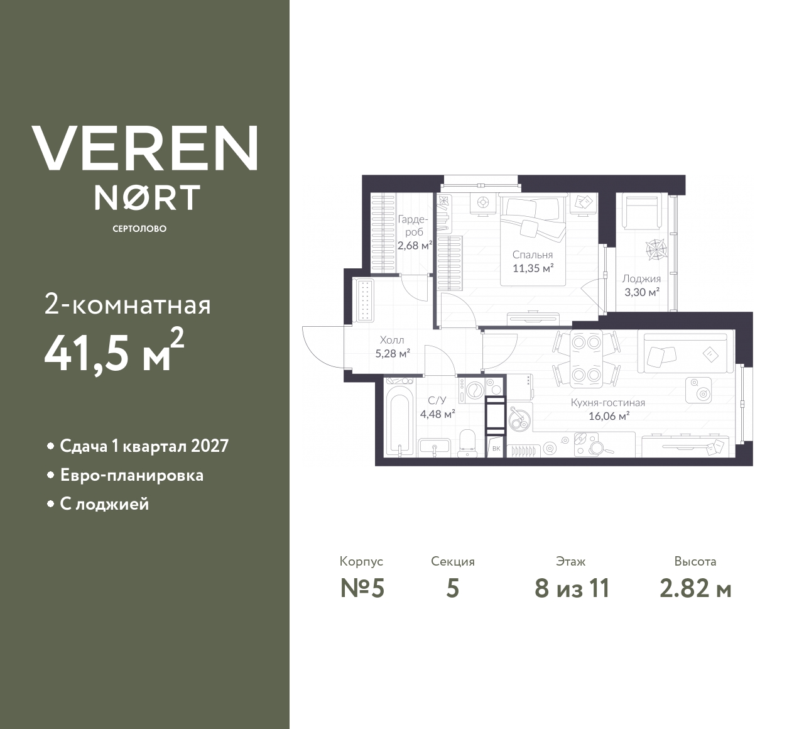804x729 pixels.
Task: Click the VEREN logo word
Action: [144, 148]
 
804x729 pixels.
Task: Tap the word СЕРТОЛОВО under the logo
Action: [139, 229]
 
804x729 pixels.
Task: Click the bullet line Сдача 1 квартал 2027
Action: [144, 446]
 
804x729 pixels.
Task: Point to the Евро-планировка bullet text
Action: [131, 475]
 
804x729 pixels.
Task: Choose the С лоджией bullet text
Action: [104, 504]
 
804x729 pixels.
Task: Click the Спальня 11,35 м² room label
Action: [533, 261]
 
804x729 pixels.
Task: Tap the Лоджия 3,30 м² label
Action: [641, 285]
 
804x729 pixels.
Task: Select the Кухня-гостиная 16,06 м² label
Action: [607, 409]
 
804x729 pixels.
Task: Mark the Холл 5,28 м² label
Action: [393, 346]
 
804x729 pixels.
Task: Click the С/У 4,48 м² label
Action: [437, 407]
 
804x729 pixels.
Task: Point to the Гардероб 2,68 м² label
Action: [414, 233]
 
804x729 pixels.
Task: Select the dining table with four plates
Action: [586, 359]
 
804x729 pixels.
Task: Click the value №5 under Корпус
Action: [362, 589]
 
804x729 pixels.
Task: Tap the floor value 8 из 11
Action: [572, 589]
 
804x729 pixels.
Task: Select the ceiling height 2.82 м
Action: [695, 589]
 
